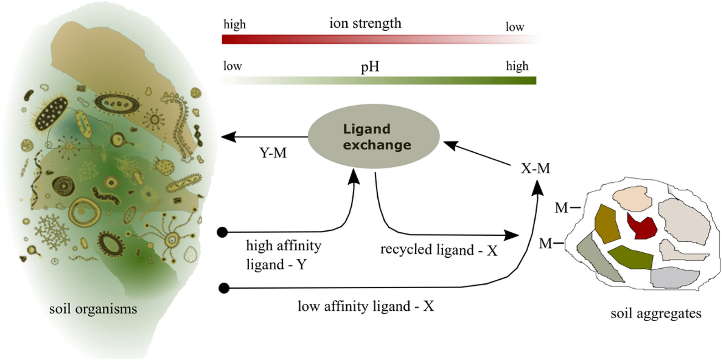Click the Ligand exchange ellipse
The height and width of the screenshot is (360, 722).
pos(373,137)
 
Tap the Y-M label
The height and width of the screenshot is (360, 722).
pos(273,153)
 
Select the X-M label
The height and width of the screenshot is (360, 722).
pos(535,168)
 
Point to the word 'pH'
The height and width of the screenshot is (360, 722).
pos(370,66)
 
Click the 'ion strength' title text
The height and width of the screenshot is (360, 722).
pos(365,23)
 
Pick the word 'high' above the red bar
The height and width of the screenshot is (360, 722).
pos(235,24)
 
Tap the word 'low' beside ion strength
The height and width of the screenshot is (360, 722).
pos(515,27)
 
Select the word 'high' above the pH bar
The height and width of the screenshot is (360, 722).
pos(517,66)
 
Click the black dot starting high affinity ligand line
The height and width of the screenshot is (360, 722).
pos(222,232)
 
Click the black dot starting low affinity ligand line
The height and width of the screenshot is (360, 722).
pos(224,288)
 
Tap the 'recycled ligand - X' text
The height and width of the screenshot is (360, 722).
pos(439,250)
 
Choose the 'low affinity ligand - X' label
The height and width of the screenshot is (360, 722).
pos(365,306)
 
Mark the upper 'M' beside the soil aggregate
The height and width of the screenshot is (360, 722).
pos(561,208)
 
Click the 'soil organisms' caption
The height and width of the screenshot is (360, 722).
pos(93,309)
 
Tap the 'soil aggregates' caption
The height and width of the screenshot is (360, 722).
pos(656,313)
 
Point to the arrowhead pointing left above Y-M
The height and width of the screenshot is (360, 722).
pos(228,137)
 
